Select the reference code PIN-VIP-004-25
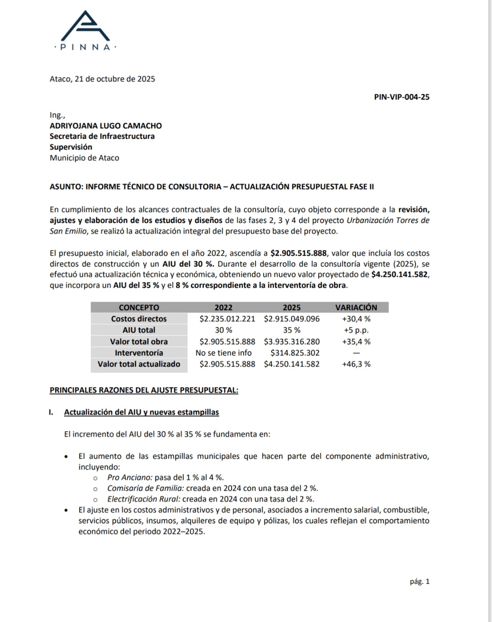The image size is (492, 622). pos(402,97)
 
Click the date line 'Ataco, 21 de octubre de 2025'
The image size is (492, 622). pos(102,79)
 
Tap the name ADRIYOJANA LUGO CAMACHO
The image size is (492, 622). pos(106,126)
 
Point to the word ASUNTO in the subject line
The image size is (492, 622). pos(66,187)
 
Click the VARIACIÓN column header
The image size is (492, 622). pos(356,307)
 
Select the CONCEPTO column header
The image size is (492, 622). pos(139,307)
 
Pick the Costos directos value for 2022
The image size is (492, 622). pos(227,319)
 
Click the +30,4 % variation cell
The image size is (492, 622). pos(356,319)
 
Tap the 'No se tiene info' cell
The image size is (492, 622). pos(224,353)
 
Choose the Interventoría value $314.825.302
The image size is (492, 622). pos(295,353)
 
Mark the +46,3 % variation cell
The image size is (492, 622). pos(356,364)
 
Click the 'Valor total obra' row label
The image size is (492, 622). pos(139,342)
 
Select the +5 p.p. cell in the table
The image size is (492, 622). pos(356,330)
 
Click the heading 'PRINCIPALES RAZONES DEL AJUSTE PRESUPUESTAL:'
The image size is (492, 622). pos(144,391)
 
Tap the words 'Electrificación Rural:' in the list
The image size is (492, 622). pos(144,499)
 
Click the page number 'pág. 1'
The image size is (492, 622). pos(420,582)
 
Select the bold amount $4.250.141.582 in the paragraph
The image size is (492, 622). pos(400,275)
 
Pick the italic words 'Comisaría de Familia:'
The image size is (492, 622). pos(142,489)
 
